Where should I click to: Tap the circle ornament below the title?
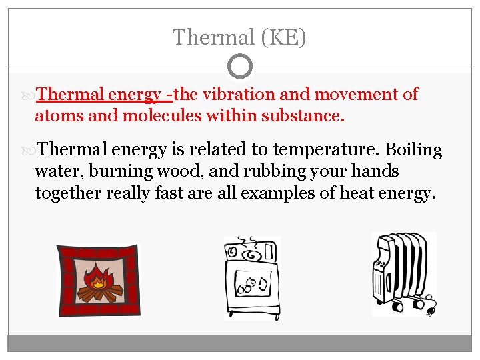pos(240,67)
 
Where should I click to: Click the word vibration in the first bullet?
pos(237,95)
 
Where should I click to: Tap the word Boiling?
pos(414,150)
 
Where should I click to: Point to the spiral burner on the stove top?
pos(252,254)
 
